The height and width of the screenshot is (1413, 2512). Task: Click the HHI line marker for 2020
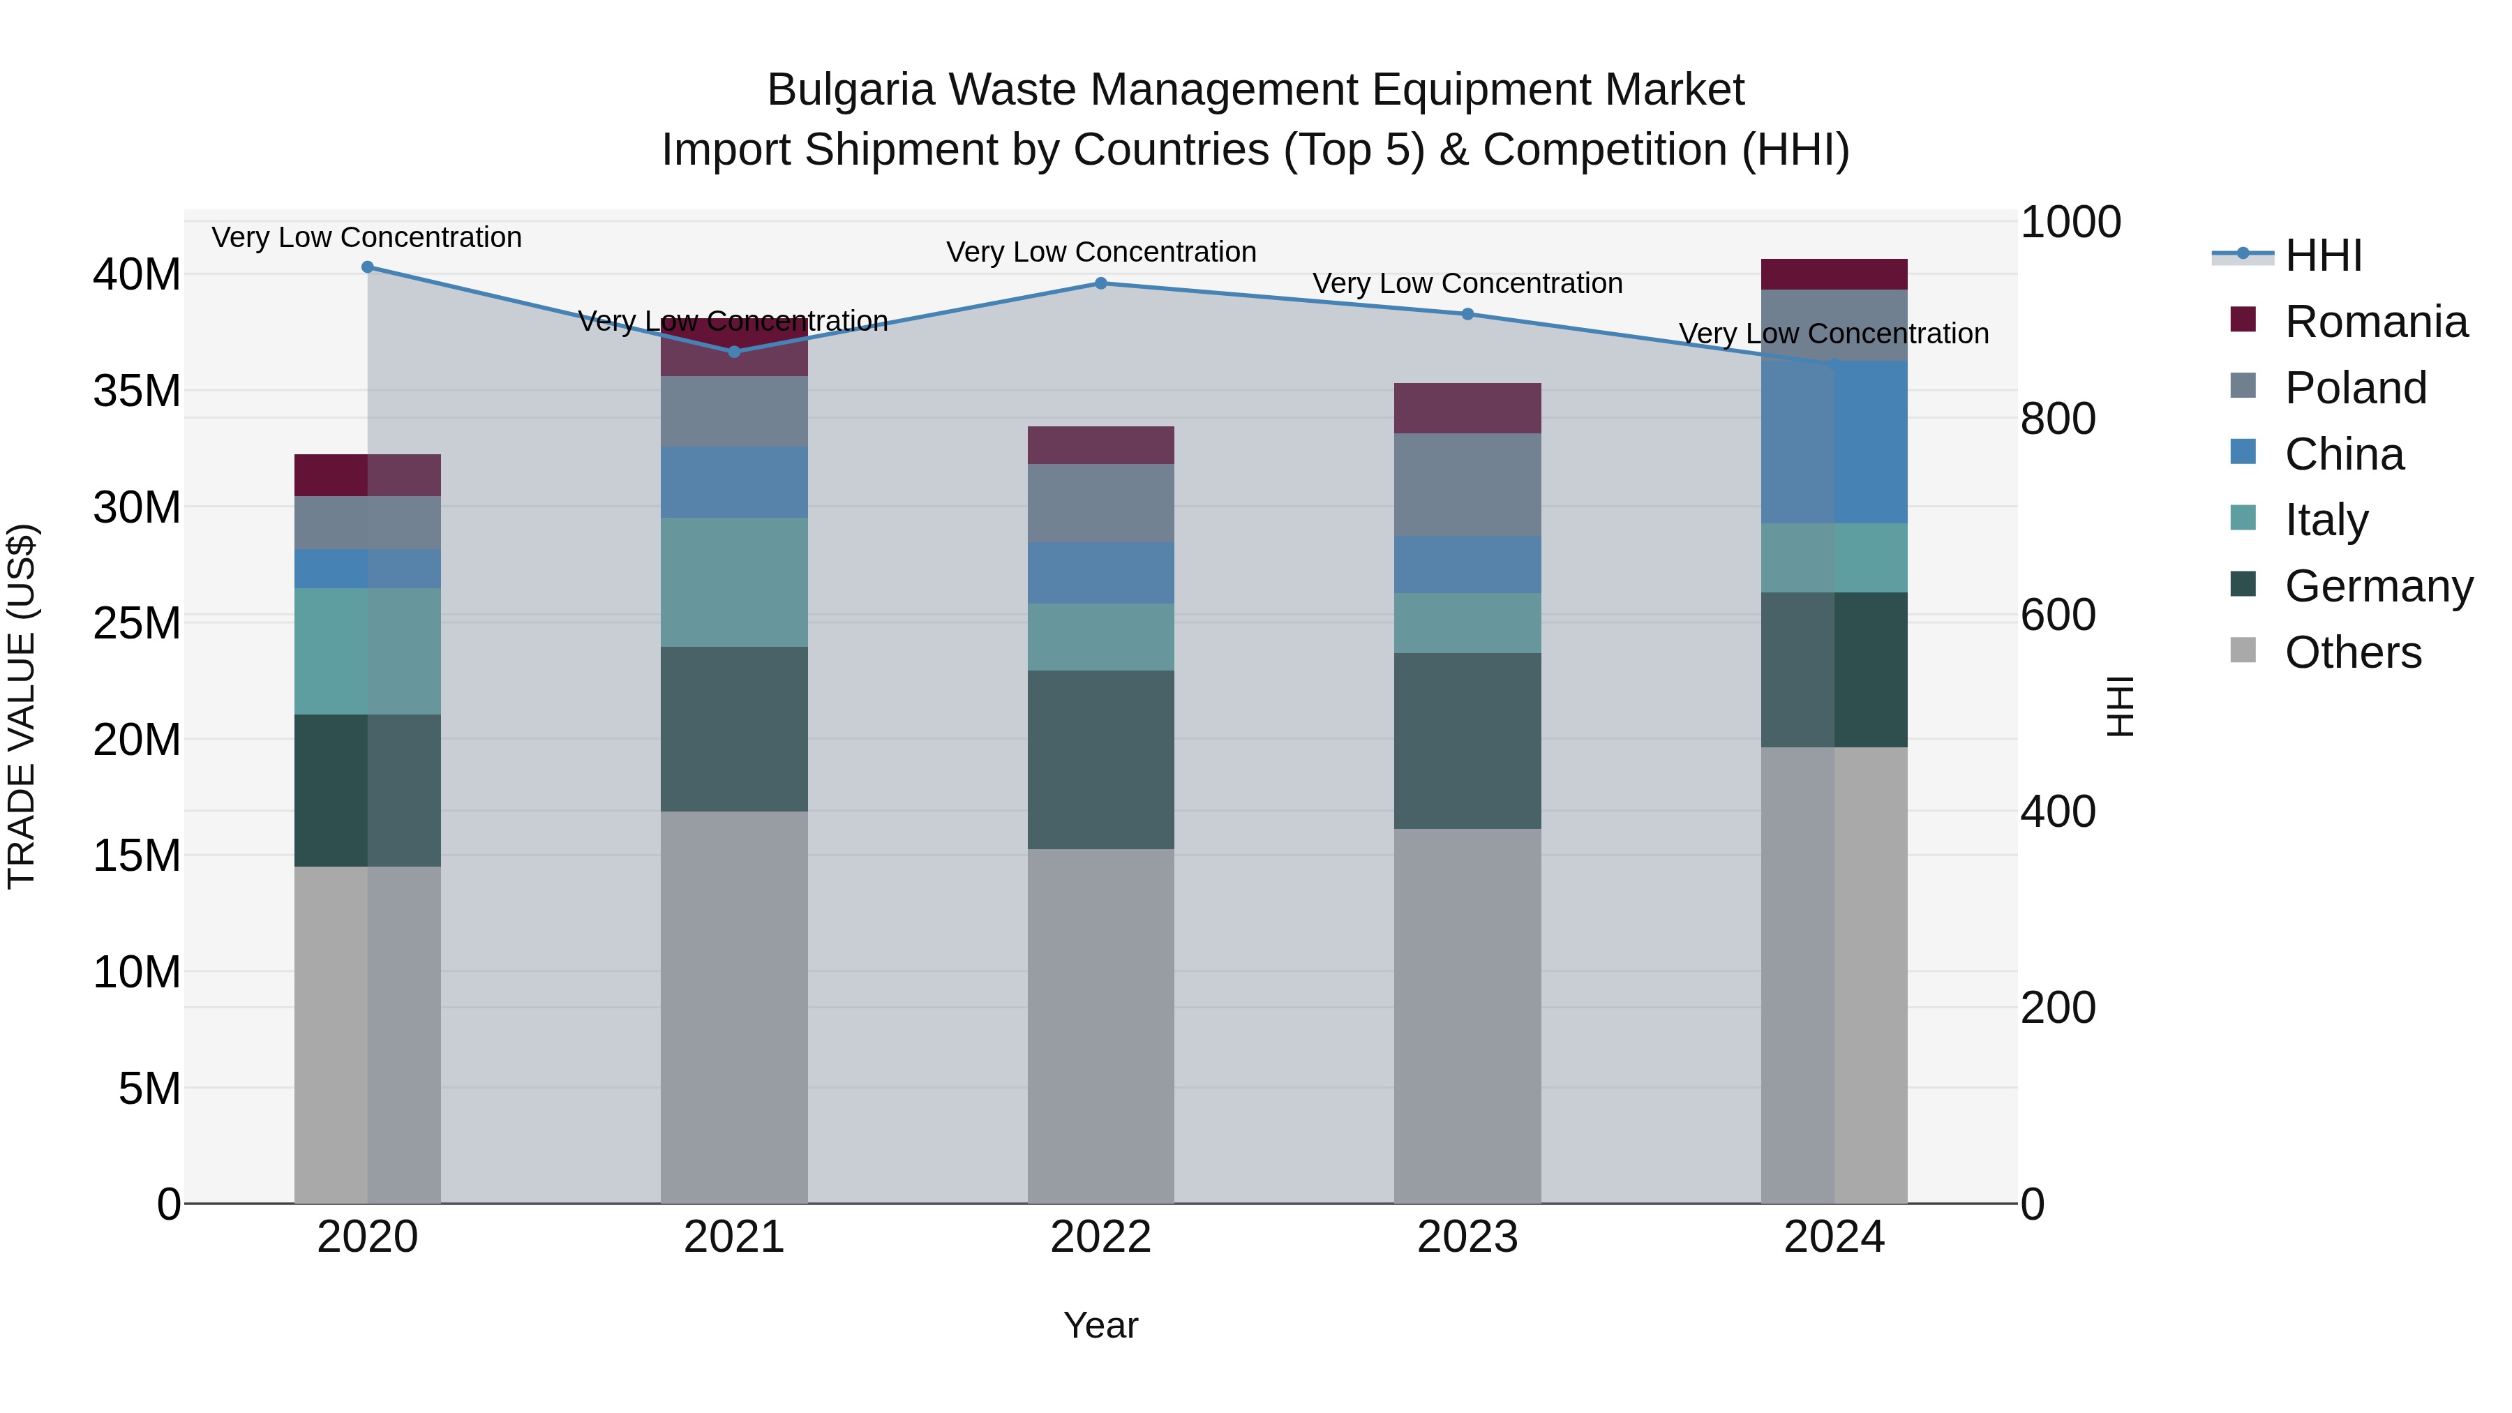tap(368, 267)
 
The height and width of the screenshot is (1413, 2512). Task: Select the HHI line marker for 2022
tap(1101, 284)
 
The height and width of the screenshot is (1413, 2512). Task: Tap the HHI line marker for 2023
tap(1467, 314)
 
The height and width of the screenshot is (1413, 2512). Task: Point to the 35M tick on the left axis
tap(137, 391)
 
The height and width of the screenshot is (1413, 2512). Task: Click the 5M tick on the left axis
tap(149, 1089)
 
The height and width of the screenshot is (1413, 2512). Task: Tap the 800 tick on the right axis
tap(2058, 419)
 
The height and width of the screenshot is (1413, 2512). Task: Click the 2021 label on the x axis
tap(733, 1237)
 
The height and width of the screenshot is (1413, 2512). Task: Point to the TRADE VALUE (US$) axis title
tap(22, 706)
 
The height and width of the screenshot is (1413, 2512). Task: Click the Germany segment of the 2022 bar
tap(1101, 760)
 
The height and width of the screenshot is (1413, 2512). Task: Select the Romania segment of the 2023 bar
tap(1467, 408)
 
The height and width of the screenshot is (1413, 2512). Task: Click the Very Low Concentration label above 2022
tap(1101, 252)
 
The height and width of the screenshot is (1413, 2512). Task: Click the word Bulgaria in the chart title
tap(849, 90)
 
